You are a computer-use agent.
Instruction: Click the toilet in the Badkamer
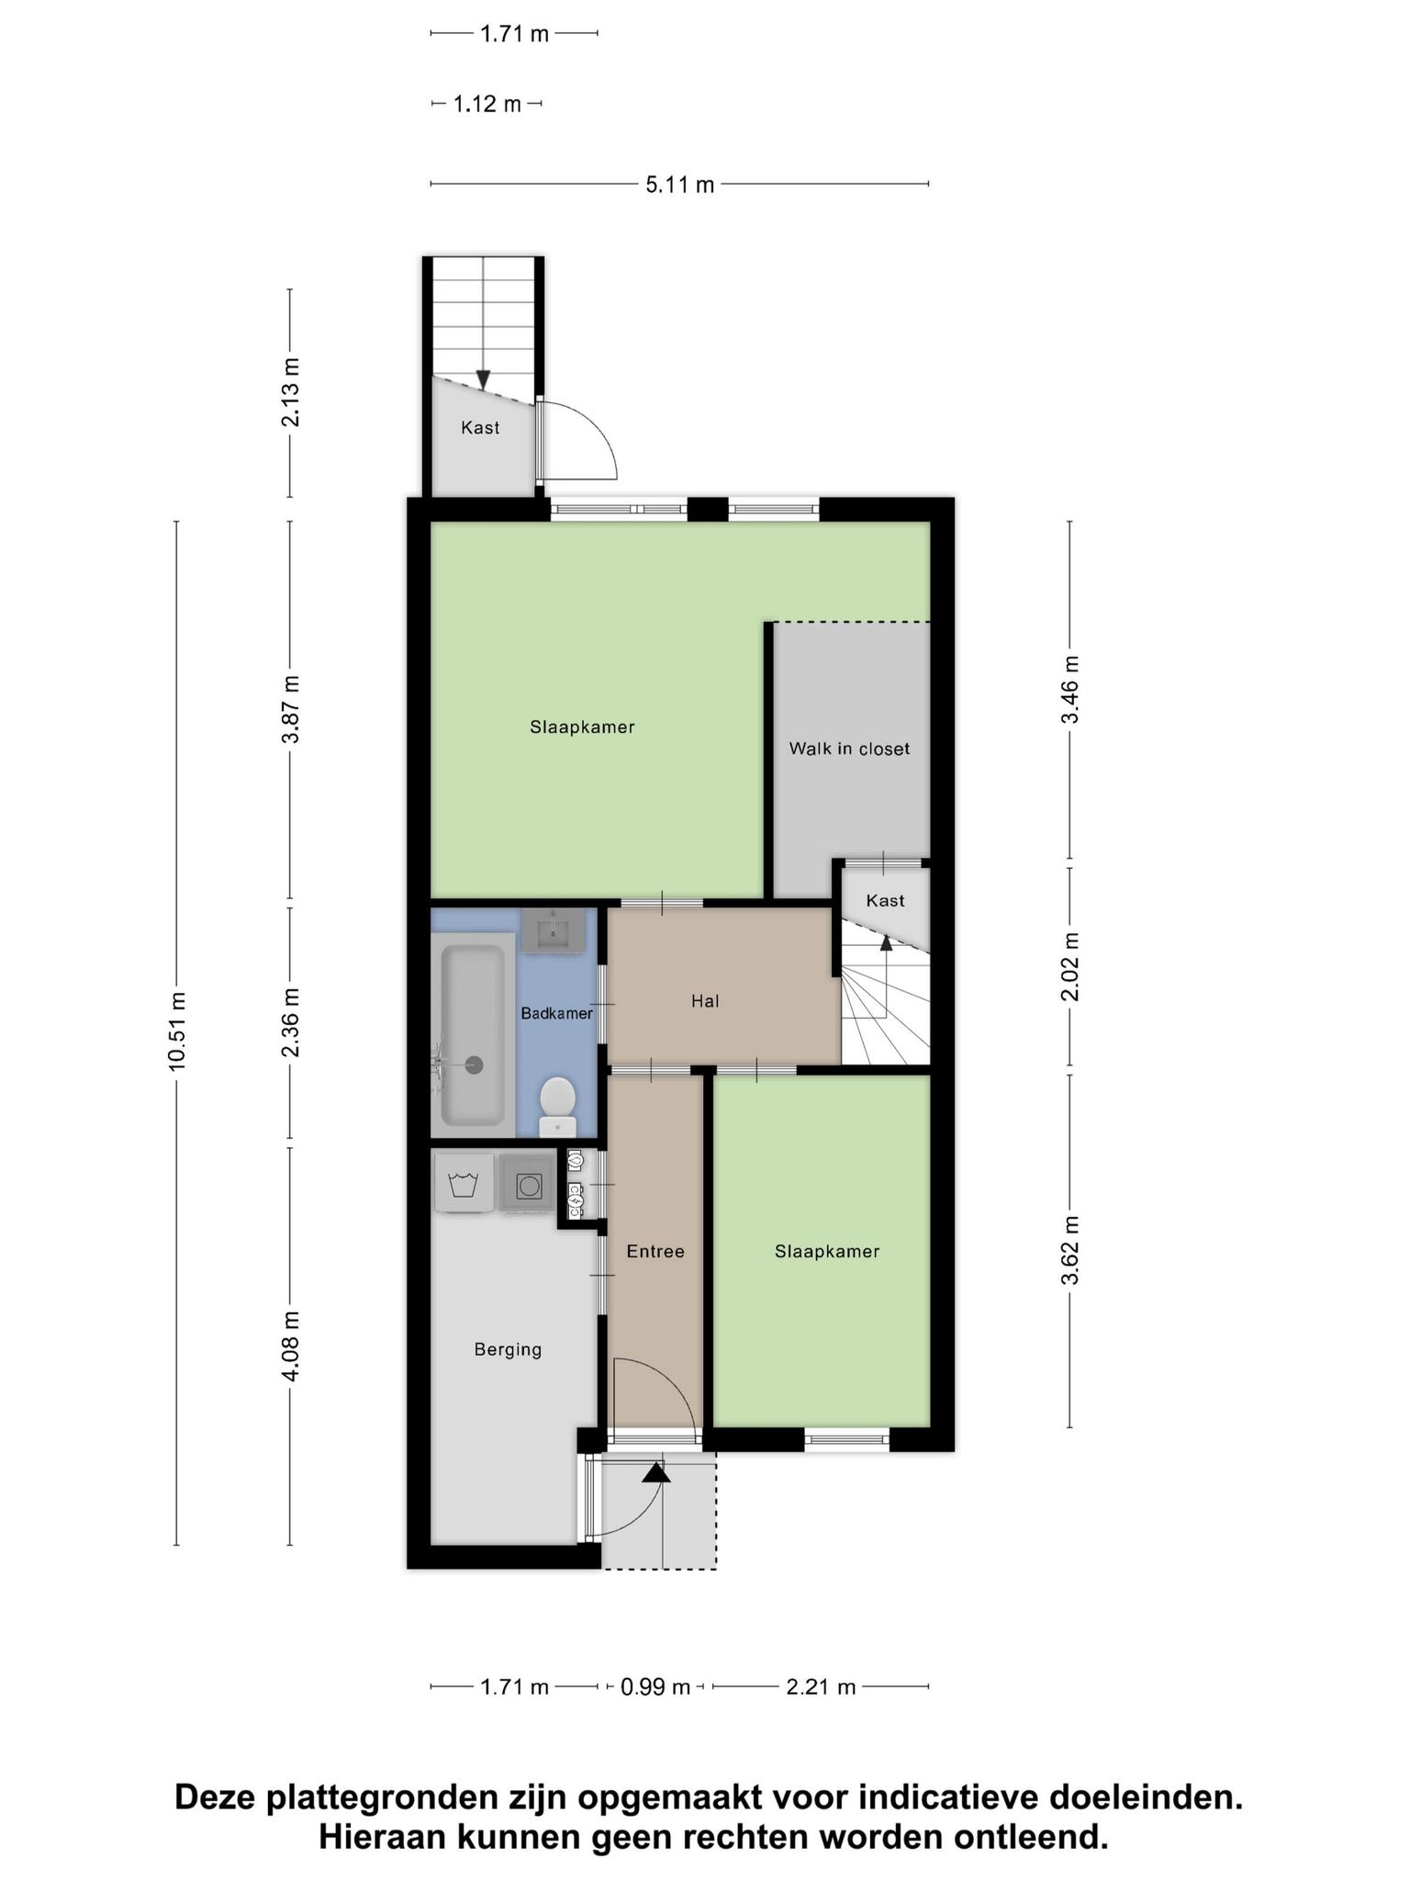[557, 1107]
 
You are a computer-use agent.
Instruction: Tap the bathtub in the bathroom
[473, 1035]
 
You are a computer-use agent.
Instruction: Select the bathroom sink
[554, 929]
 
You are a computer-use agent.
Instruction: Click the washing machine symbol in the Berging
[464, 1183]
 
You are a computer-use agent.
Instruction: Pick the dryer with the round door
[529, 1186]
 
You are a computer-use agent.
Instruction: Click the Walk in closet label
[849, 749]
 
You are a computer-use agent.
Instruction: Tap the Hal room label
[705, 1001]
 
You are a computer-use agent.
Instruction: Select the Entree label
[655, 1251]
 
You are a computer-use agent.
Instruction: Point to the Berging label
[508, 1349]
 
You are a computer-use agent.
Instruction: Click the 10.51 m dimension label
[177, 1031]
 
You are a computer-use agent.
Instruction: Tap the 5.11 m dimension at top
[679, 185]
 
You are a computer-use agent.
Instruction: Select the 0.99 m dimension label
[655, 1687]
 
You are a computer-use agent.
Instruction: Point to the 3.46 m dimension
[1070, 690]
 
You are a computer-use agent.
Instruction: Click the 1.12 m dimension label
[487, 104]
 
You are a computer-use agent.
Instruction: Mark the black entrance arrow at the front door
[655, 1471]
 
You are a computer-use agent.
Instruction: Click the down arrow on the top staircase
[483, 379]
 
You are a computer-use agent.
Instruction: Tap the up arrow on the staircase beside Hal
[886, 941]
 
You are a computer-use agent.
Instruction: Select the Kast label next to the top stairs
[480, 427]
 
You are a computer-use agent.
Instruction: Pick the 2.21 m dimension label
[821, 1687]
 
